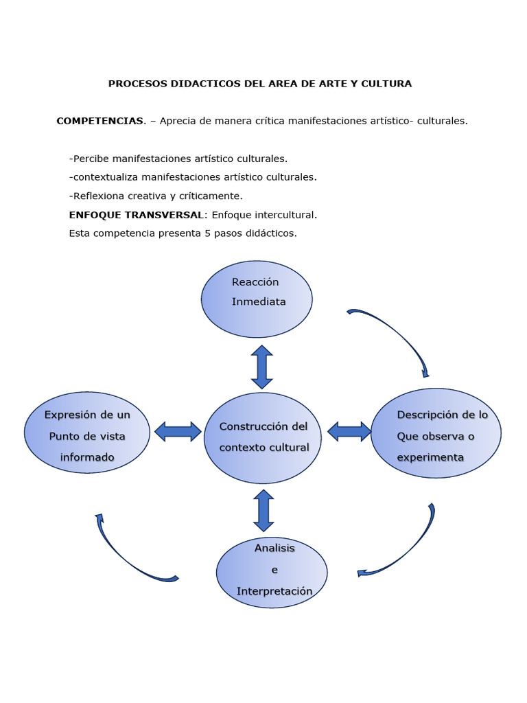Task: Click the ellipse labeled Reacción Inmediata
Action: coord(257,299)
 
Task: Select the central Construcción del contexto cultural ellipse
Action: coord(263,438)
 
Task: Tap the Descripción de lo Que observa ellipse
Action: coord(436,433)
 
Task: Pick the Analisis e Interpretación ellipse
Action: coord(272,573)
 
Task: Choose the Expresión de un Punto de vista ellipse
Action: coord(87,433)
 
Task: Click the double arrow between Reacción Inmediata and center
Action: coord(261,367)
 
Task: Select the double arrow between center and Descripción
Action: coord(349,431)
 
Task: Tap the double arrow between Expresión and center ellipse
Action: coord(178,431)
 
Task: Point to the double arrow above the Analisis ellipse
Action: coord(263,510)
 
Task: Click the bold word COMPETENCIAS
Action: coord(100,121)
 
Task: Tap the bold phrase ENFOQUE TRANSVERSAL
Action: coord(136,215)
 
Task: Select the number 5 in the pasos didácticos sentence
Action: coord(207,233)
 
